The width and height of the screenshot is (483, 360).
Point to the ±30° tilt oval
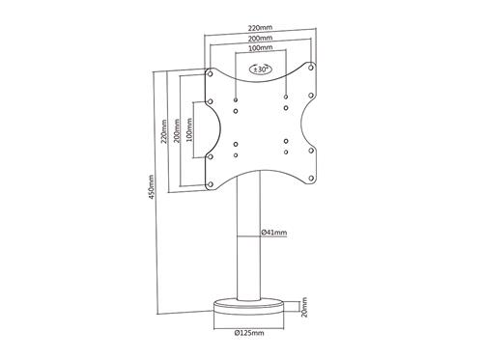click(x=261, y=69)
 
